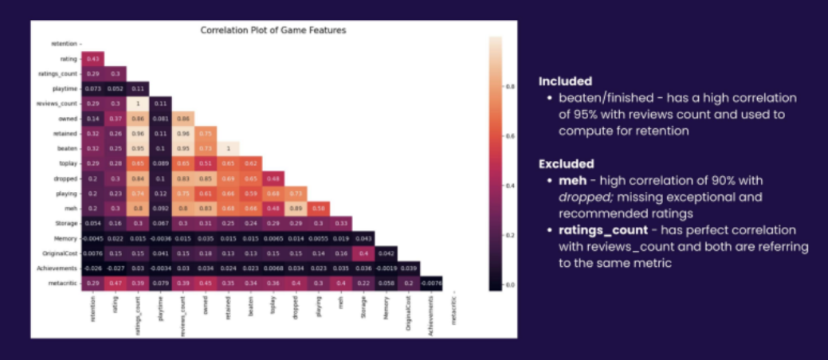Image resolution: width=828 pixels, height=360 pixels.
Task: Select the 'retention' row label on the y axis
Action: [x=64, y=44]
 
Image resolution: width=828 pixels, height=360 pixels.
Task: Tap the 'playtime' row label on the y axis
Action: [x=64, y=88]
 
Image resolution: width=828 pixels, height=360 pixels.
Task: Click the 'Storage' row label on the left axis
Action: [x=65, y=222]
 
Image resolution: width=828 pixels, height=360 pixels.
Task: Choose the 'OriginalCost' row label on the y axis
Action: [x=60, y=252]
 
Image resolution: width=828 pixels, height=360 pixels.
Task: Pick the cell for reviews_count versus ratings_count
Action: [x=136, y=104]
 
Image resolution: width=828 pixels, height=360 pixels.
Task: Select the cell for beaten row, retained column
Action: [x=229, y=148]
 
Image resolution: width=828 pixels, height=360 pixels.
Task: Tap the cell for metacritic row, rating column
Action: [x=114, y=282]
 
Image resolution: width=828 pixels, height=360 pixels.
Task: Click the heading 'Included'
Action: [x=564, y=81]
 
